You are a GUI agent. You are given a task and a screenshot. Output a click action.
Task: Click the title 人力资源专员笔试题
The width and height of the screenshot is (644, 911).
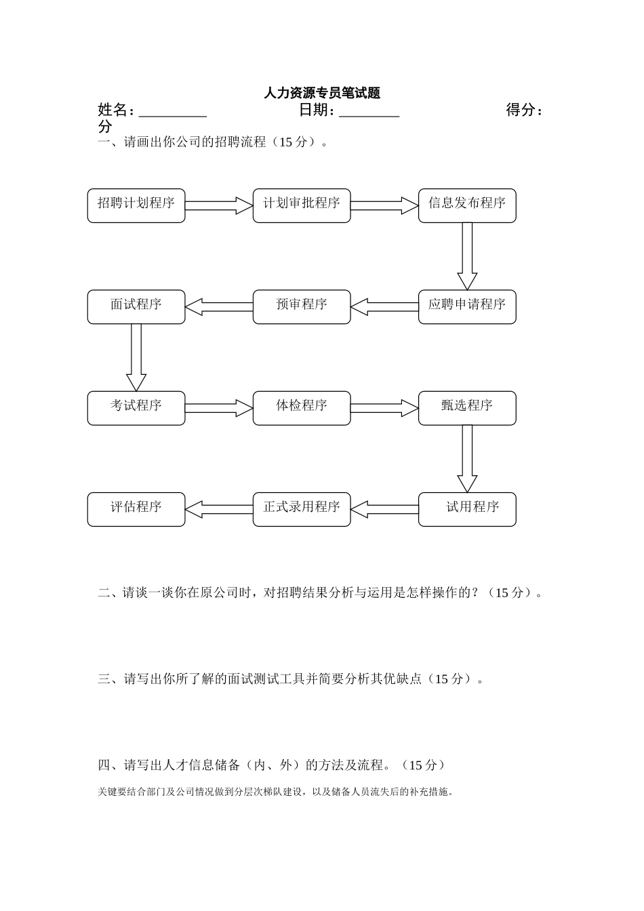tap(322, 94)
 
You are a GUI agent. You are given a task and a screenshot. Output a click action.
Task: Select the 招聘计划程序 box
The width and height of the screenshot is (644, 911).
tap(136, 205)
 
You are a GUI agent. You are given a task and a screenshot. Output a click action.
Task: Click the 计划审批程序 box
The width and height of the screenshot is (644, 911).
tap(302, 205)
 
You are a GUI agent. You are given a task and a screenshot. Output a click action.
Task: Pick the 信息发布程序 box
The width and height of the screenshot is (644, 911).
tap(467, 205)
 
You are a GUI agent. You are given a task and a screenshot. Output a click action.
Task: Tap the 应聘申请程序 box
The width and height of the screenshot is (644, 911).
tap(467, 307)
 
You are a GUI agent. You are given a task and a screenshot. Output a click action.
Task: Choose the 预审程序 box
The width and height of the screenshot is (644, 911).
tap(302, 307)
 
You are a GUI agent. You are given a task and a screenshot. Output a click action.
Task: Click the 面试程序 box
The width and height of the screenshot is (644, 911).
tap(136, 307)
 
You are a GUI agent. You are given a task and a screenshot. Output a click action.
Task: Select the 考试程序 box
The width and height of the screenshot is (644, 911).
tap(136, 408)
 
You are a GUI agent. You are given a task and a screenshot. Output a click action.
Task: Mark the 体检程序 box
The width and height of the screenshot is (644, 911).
tap(302, 408)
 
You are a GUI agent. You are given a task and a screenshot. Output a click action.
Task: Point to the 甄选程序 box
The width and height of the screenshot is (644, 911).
tap(467, 408)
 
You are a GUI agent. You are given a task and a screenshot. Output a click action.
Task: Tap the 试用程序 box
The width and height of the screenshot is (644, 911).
tap(467, 509)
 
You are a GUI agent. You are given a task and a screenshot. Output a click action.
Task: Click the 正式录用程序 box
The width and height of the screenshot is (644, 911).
tap(302, 509)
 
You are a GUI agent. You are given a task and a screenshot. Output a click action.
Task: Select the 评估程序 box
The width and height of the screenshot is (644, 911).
tap(136, 509)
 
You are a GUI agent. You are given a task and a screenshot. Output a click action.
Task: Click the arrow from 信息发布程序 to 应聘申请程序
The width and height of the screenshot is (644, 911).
tap(467, 256)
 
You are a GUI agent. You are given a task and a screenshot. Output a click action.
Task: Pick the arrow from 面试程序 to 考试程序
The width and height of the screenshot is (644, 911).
tap(136, 357)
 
